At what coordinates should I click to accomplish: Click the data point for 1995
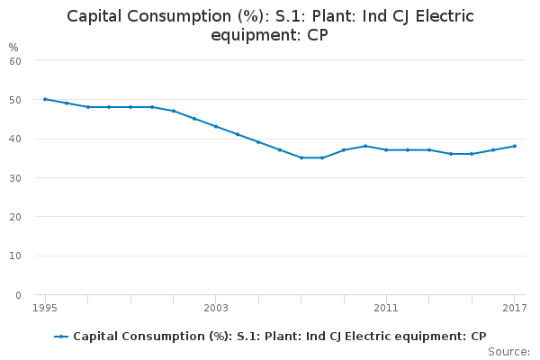[x=45, y=99]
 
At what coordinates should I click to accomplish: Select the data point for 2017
[x=514, y=146]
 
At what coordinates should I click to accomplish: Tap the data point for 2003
[x=216, y=126]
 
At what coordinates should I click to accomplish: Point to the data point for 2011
[x=386, y=149]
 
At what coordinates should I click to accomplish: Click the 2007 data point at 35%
[x=301, y=157]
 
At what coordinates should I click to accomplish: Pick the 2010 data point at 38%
[x=365, y=146]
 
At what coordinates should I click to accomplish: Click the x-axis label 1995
[x=45, y=309]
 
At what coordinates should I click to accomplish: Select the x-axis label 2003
[x=216, y=309]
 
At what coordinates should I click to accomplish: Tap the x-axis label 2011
[x=386, y=309]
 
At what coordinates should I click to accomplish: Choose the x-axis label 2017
[x=514, y=309]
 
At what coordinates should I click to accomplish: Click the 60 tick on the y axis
[x=15, y=60]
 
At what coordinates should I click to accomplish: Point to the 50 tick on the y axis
[x=15, y=100]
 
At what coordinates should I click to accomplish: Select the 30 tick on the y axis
[x=15, y=178]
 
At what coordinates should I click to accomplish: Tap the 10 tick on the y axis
[x=15, y=256]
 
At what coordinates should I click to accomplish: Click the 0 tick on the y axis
[x=18, y=295]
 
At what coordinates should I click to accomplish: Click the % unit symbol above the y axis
[x=13, y=47]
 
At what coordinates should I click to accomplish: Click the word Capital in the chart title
[x=98, y=16]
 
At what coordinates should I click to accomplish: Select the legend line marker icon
[x=61, y=337]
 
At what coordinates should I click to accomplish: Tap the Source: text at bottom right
[x=508, y=351]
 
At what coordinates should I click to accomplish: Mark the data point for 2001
[x=173, y=111]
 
